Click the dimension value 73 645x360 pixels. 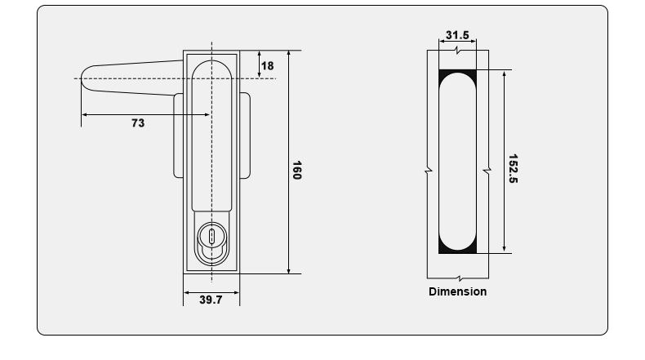coord(138,123)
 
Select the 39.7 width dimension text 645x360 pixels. coord(211,300)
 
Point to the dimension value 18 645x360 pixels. coord(268,65)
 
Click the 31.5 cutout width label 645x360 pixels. coord(457,35)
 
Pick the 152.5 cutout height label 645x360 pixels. coord(513,168)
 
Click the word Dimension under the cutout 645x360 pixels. coord(457,291)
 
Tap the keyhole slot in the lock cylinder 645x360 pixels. coord(211,238)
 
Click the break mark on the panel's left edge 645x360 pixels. coord(427,171)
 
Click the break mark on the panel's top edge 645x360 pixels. coord(457,50)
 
